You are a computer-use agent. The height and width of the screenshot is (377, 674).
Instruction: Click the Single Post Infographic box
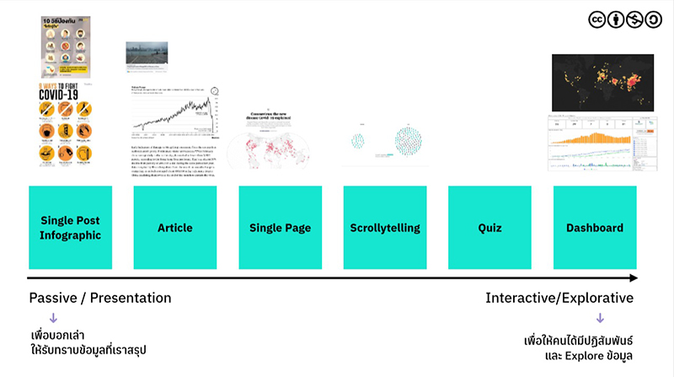pyautogui.click(x=70, y=228)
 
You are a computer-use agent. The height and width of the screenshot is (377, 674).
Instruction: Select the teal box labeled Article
pyautogui.click(x=175, y=228)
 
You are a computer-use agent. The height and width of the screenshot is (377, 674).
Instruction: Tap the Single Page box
pyautogui.click(x=280, y=228)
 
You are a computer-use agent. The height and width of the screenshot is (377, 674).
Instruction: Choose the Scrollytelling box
pyautogui.click(x=384, y=228)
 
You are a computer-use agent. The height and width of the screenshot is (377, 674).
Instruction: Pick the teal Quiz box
pyautogui.click(x=489, y=228)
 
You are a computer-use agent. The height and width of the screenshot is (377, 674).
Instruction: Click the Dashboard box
pyautogui.click(x=594, y=228)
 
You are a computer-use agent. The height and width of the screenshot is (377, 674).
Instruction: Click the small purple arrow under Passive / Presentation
pyautogui.click(x=52, y=318)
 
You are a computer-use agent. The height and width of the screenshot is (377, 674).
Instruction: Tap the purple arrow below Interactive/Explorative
pyautogui.click(x=600, y=318)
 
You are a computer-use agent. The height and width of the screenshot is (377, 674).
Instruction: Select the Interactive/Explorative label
pyautogui.click(x=559, y=298)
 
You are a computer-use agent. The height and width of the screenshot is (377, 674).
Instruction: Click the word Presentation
pyautogui.click(x=131, y=298)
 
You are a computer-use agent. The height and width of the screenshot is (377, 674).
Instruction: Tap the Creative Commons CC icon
pyautogui.click(x=597, y=19)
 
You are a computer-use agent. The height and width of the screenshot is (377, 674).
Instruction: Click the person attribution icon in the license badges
pyautogui.click(x=617, y=19)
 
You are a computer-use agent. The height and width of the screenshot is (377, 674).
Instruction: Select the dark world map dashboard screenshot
pyautogui.click(x=603, y=83)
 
